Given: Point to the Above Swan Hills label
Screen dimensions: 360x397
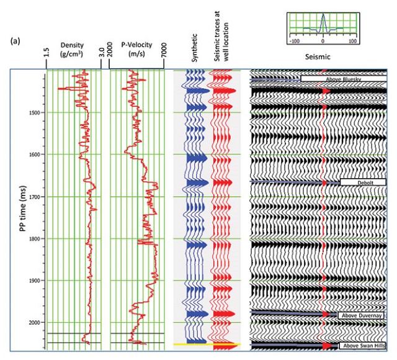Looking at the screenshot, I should pyautogui.click(x=363, y=345).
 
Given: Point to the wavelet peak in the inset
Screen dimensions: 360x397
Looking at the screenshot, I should pyautogui.click(x=323, y=18).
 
